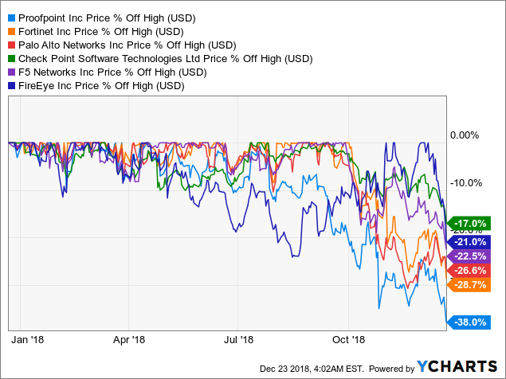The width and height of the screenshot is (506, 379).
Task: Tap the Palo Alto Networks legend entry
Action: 120,44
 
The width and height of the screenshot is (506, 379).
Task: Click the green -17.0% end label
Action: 469,224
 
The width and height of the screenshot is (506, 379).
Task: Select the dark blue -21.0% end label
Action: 469,241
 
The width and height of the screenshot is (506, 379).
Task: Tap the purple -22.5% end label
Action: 469,256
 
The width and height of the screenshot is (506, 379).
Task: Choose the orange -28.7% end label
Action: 469,284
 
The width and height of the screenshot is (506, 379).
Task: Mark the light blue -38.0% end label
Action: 469,322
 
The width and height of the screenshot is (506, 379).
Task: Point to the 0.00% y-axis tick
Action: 469,135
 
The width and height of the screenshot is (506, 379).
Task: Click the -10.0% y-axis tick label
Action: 469,182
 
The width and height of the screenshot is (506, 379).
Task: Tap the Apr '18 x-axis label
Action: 130,338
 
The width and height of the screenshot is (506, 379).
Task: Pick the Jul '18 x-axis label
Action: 240,338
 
